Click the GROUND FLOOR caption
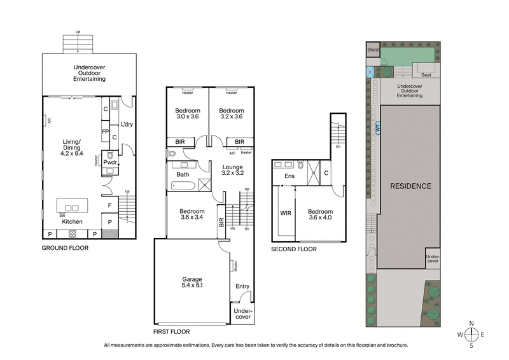point(65,248)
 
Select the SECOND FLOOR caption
point(293,249)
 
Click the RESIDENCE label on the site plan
point(410,186)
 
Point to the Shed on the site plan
point(372,50)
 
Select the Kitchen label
point(72,221)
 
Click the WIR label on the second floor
point(286,212)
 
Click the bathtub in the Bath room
point(184,186)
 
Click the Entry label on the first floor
point(242,287)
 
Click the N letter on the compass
point(471,324)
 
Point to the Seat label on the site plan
point(426,74)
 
